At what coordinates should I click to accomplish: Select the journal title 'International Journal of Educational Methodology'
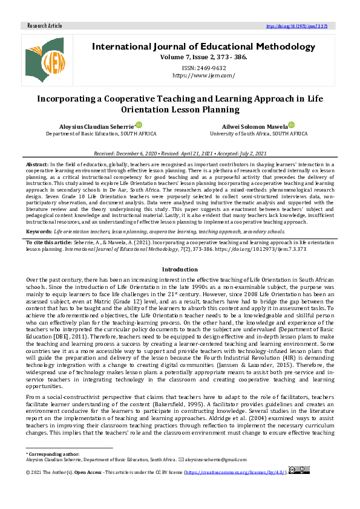click(x=203, y=47)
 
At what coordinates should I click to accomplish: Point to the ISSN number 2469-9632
click(x=203, y=68)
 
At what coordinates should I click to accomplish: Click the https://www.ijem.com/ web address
click(x=203, y=76)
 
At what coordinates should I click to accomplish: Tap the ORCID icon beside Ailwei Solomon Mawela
click(x=291, y=124)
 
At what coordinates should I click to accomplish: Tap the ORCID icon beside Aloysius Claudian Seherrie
click(x=139, y=124)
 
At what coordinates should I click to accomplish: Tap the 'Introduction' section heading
click(x=180, y=269)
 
